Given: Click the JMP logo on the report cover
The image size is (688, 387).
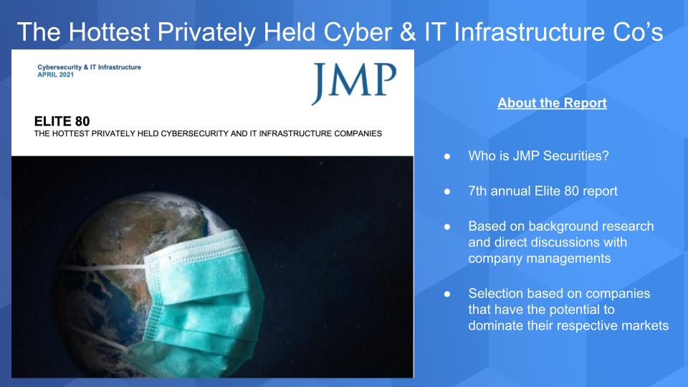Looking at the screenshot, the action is coord(354,82).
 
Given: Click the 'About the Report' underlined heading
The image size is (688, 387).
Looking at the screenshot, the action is coord(552,102).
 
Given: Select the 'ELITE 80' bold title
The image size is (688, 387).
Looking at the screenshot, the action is coord(62,121).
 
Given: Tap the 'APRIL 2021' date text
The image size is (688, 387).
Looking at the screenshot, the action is coord(56,75).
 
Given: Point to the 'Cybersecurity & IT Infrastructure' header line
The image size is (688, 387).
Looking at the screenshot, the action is coord(89,67).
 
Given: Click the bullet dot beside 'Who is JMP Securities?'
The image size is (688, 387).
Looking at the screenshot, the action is coord(447,156).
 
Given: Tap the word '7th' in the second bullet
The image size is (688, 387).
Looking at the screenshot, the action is coord(477,191).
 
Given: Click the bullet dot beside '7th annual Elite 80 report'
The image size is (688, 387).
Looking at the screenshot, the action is coord(447,191).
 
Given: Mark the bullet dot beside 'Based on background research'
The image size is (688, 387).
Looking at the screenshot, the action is coord(447,226).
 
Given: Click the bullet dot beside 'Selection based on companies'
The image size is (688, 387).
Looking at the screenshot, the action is coord(447,294).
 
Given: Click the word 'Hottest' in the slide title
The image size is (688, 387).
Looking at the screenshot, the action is coord(109,32).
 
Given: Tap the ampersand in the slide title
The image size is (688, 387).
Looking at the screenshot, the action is coord(408,32).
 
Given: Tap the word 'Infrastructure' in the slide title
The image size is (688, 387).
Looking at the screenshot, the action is coord(529,32).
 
